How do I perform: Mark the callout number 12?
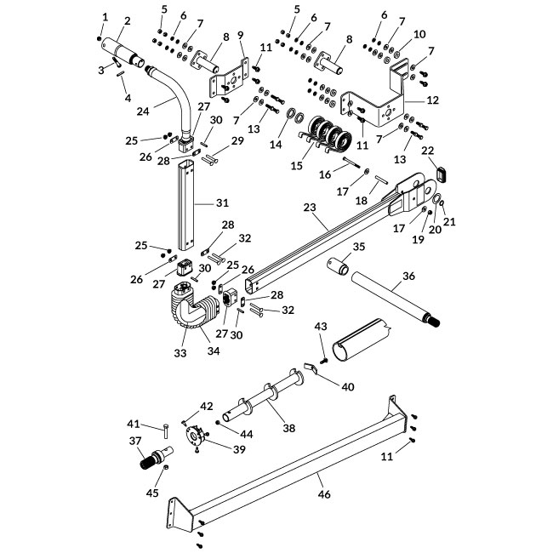tap(432, 100)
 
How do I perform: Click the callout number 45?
tap(154, 492)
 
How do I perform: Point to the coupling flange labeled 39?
tap(197, 438)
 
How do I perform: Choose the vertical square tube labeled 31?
tap(188, 204)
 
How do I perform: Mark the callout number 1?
tap(105, 16)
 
